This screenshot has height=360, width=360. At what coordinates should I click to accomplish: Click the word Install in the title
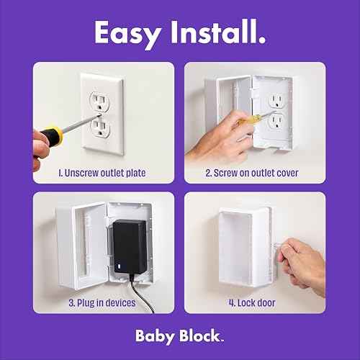[217, 32]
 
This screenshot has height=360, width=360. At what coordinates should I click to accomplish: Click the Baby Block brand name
[180, 336]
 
